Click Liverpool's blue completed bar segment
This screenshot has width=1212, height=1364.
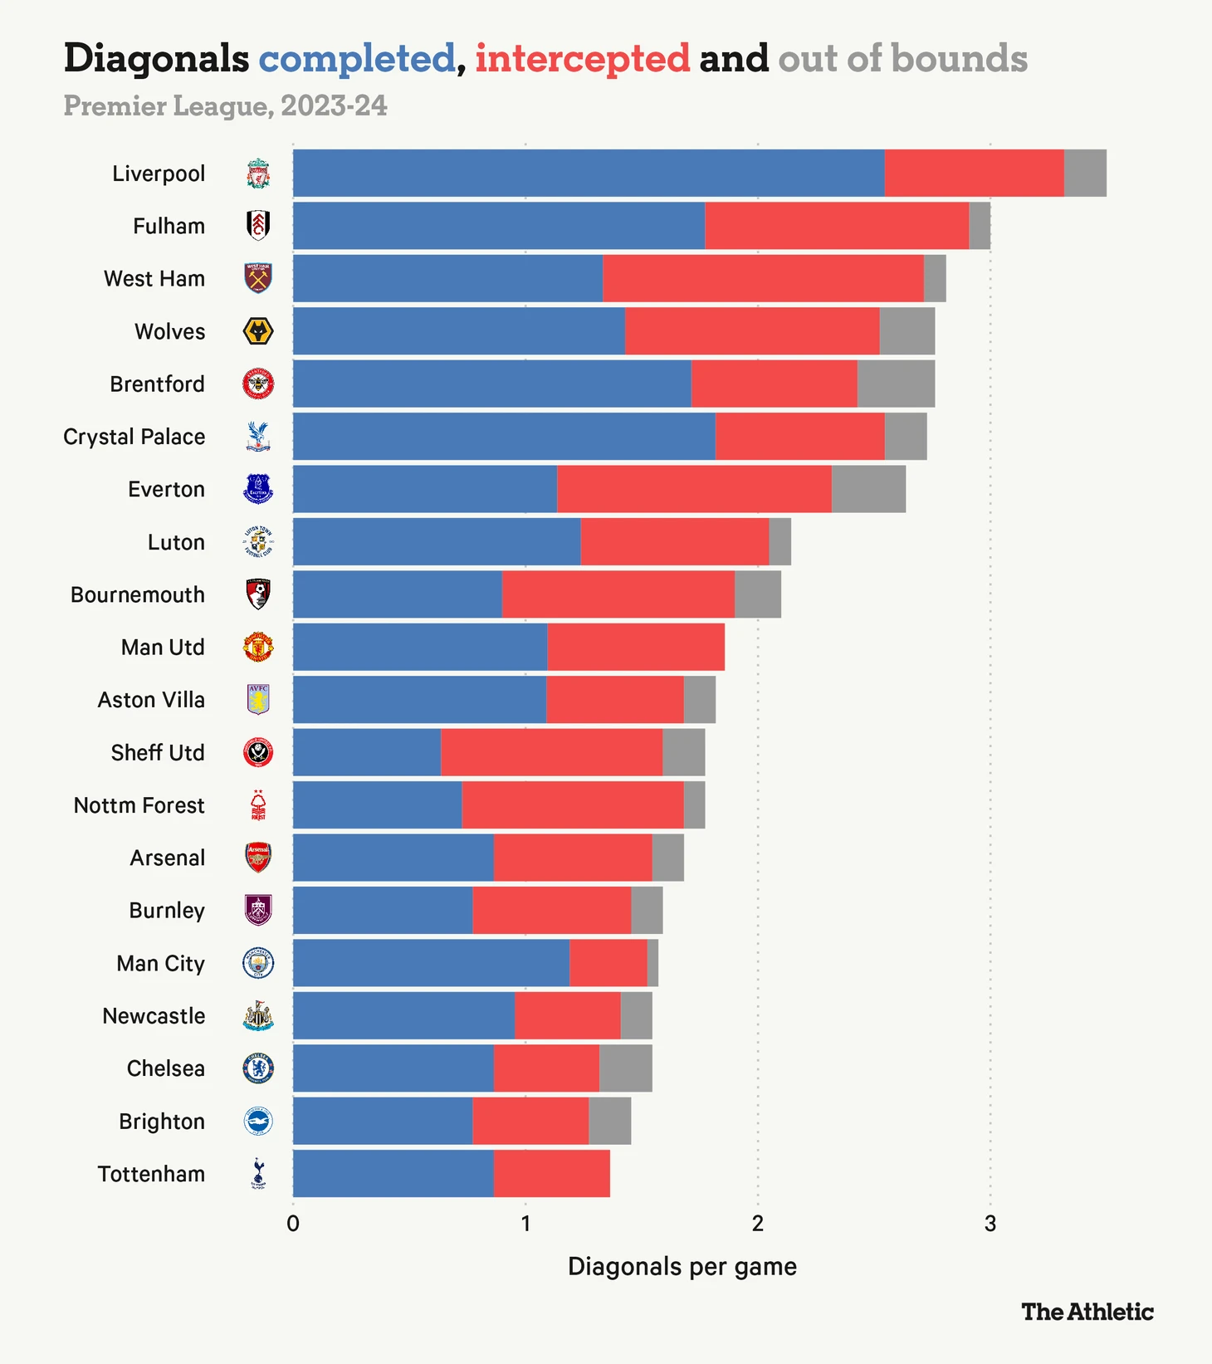pyautogui.click(x=588, y=174)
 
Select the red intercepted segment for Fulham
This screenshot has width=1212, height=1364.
pyautogui.click(x=836, y=226)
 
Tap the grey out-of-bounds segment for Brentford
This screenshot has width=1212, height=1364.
pyautogui.click(x=896, y=384)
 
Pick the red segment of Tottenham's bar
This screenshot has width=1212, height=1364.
pyautogui.click(x=551, y=1173)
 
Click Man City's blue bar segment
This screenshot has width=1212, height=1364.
pyautogui.click(x=431, y=963)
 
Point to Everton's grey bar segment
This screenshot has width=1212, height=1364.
pyautogui.click(x=868, y=489)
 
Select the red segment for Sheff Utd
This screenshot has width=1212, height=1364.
pyautogui.click(x=551, y=752)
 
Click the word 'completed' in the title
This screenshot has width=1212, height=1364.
pyautogui.click(x=357, y=59)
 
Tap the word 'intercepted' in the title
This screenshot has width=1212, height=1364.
pyautogui.click(x=582, y=59)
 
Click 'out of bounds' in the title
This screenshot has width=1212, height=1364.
pyautogui.click(x=902, y=59)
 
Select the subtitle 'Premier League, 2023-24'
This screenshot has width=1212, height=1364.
pyautogui.click(x=225, y=106)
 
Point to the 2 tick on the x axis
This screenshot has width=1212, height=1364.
pyautogui.click(x=757, y=1224)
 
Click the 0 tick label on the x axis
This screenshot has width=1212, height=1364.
pyautogui.click(x=293, y=1224)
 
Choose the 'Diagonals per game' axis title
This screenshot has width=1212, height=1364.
pyautogui.click(x=682, y=1267)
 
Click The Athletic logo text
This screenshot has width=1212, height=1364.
pyautogui.click(x=1087, y=1312)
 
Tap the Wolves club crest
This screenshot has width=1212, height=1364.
pyautogui.click(x=258, y=331)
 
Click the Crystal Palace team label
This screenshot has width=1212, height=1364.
pyautogui.click(x=134, y=437)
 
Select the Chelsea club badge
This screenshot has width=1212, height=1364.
pyautogui.click(x=258, y=1068)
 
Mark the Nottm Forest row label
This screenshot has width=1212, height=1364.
pyautogui.click(x=139, y=805)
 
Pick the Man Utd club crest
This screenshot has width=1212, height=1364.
pyautogui.click(x=258, y=647)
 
